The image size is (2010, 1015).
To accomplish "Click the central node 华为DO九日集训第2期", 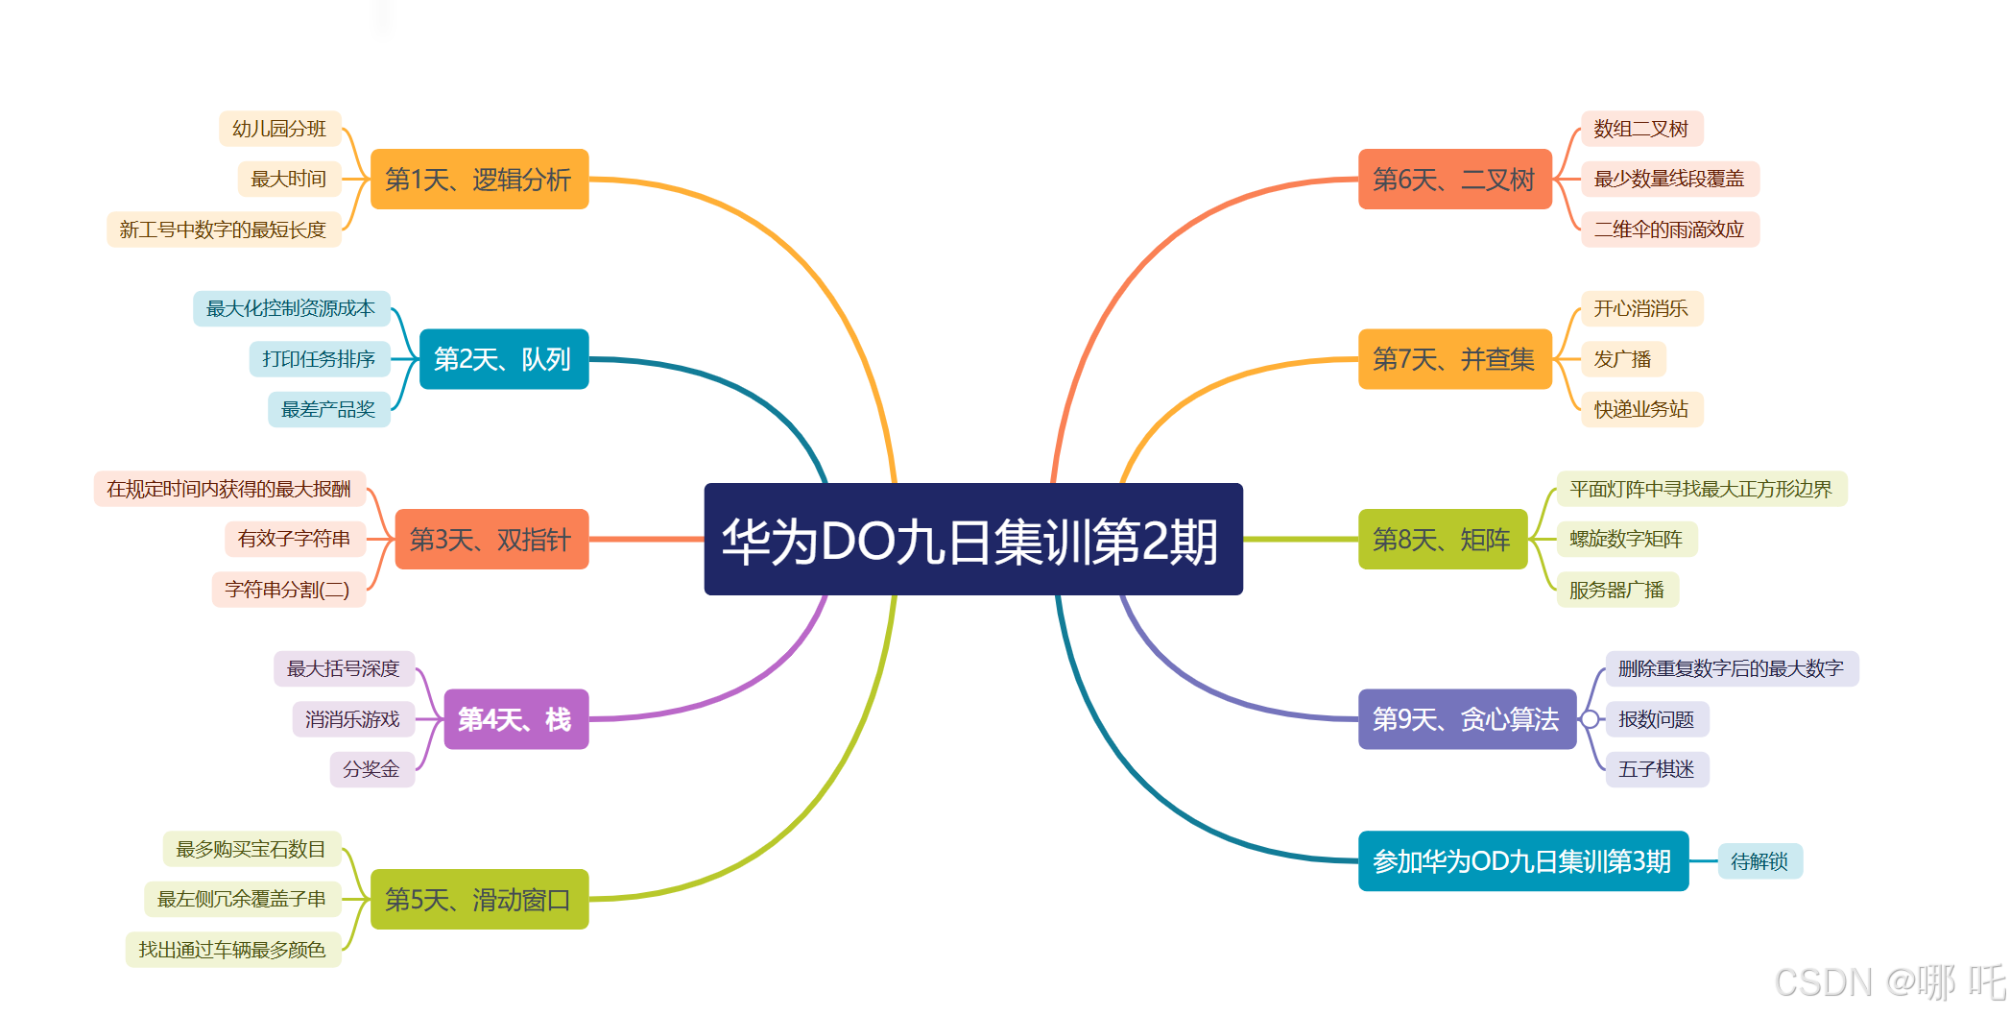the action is point(972,540).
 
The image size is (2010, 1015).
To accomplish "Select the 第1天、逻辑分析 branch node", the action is point(479,180).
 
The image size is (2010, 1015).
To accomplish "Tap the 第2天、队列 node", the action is point(503,359).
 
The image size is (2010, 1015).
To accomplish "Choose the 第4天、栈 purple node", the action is point(515,719).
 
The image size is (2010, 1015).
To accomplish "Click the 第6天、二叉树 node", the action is point(1454,180).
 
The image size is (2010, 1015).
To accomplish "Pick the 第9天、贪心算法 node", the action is point(1466,719).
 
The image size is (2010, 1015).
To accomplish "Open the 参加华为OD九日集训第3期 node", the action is point(1522,861).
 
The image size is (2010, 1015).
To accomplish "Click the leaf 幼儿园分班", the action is point(279,129).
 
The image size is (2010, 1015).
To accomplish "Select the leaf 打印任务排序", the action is point(319,359).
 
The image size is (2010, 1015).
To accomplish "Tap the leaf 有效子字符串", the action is point(295,539).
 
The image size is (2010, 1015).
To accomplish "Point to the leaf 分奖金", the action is point(371,769).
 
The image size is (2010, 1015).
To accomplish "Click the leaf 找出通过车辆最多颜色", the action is point(232,950).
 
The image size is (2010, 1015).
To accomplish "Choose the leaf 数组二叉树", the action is point(1640,129).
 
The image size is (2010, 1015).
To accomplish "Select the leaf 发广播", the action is point(1622,359).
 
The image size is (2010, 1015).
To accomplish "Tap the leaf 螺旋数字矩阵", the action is point(1626,539).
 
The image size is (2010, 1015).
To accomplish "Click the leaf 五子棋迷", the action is point(1656,769).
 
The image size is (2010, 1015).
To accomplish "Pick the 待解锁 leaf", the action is point(1759,861).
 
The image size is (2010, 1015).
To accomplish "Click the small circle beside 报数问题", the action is point(1590,719).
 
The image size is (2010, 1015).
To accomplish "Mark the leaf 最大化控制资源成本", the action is point(291,308).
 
